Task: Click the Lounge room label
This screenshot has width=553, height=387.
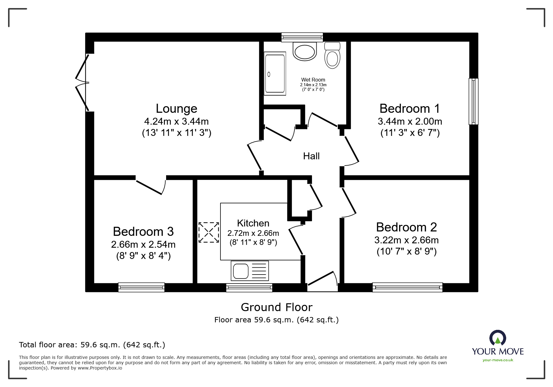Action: point(176,109)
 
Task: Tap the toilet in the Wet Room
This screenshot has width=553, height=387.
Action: point(332,56)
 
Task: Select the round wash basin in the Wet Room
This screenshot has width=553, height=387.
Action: point(305,52)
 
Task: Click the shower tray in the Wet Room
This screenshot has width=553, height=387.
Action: point(275,74)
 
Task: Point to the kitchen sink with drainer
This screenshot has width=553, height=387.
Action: point(249,270)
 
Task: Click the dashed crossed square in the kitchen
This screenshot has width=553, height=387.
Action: point(209,232)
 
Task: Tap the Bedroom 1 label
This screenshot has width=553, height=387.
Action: point(409,109)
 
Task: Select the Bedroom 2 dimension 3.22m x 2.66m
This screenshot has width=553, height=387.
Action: point(406,240)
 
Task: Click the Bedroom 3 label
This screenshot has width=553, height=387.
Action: point(143,231)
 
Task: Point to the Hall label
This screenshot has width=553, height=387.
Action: point(311,156)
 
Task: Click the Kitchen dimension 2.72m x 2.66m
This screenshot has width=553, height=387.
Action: point(253,233)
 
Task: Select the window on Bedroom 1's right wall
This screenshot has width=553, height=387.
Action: point(473,102)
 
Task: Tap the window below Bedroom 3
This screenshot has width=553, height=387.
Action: point(141,287)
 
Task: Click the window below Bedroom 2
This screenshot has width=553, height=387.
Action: point(407,287)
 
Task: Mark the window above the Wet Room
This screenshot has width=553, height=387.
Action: point(302,37)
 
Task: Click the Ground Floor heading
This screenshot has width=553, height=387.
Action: point(276,307)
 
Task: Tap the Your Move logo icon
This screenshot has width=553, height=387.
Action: point(497,338)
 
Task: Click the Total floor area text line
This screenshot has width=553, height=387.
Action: point(92,345)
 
